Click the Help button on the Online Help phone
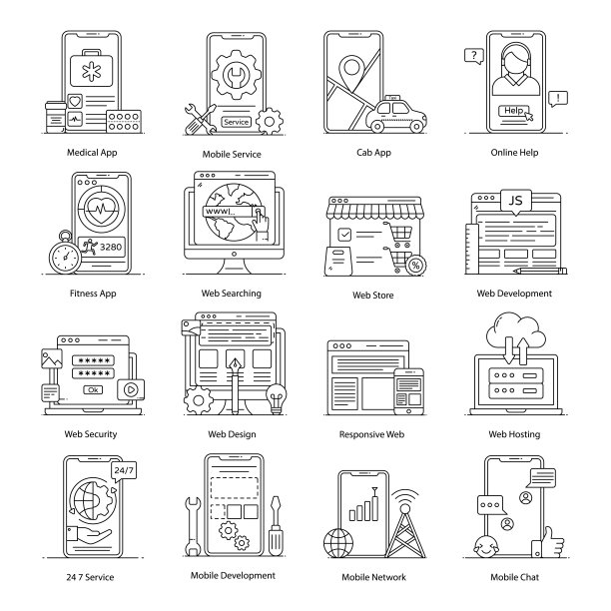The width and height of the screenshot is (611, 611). tap(513, 111)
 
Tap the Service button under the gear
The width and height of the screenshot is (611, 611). tap(237, 122)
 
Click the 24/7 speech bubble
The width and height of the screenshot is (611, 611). tap(124, 471)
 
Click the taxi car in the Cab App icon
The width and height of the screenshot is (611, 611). tap(396, 114)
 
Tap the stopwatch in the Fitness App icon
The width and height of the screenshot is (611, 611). tap(65, 253)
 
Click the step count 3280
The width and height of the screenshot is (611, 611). tap(111, 247)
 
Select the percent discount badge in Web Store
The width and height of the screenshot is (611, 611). tap(415, 266)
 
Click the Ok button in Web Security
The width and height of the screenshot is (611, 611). tap(93, 389)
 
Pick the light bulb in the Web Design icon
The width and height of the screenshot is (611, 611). tap(277, 398)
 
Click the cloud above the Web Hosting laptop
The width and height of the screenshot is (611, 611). tap(516, 332)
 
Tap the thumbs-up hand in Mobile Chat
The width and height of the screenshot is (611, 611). tap(549, 543)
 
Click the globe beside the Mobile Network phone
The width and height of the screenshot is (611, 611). tap(338, 543)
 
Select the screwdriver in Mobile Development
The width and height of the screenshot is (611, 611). tap(276, 526)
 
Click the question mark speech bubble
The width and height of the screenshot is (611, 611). tap(474, 56)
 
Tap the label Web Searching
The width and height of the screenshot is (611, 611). tap(231, 294)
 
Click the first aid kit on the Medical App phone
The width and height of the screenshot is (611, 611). tap(91, 68)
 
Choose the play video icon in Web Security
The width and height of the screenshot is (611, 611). tap(131, 389)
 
